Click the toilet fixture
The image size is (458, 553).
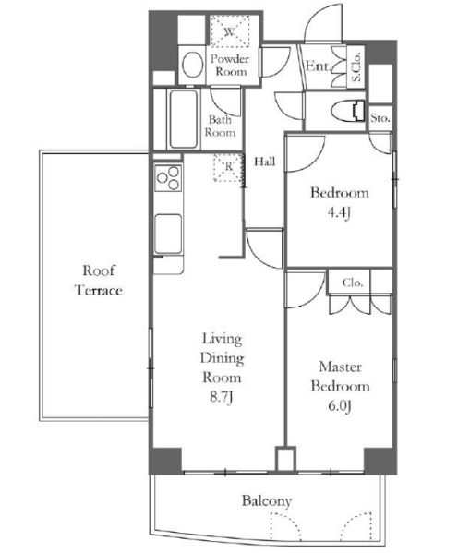coord(349,111)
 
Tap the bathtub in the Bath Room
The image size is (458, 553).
coord(183,120)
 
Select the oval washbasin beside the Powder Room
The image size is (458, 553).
coord(192,65)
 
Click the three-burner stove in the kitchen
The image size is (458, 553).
coord(168,178)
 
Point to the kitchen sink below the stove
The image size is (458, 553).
coord(168,234)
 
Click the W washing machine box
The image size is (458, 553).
coord(230,31)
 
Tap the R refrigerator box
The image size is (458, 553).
coord(229,167)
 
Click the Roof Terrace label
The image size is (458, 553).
coord(99,281)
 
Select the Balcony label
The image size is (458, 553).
coord(267,501)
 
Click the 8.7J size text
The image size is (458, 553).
coord(222,397)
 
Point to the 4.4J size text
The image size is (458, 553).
coord(339,212)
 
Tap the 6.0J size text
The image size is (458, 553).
coord(340,406)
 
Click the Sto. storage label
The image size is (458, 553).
coord(380,118)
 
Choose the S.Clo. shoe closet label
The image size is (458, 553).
coord(356,66)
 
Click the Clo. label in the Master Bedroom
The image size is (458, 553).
coord(352,283)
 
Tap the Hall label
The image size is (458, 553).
coord(265,162)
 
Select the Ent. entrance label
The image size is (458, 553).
coord(318,66)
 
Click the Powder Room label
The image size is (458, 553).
coord(230,66)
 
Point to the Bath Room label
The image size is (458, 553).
coord(220,126)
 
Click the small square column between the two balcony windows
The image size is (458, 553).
coord(285,459)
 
